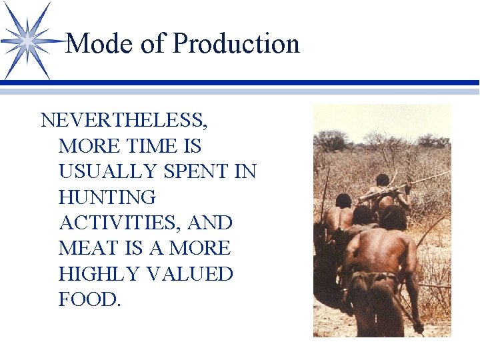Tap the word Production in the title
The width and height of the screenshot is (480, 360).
pyautogui.click(x=236, y=44)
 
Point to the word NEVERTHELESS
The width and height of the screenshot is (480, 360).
pyautogui.click(x=124, y=121)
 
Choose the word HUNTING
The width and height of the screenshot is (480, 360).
pyautogui.click(x=107, y=197)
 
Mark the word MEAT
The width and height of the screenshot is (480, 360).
pyautogui.click(x=85, y=248)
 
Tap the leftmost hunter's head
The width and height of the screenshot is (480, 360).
pyautogui.click(x=343, y=201)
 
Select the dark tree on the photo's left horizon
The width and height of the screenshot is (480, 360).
pyautogui.click(x=331, y=140)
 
